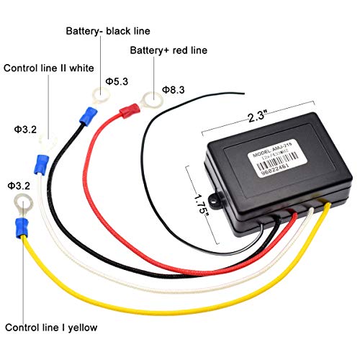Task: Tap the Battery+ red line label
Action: tap(167, 51)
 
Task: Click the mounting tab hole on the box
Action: tap(213, 200)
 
